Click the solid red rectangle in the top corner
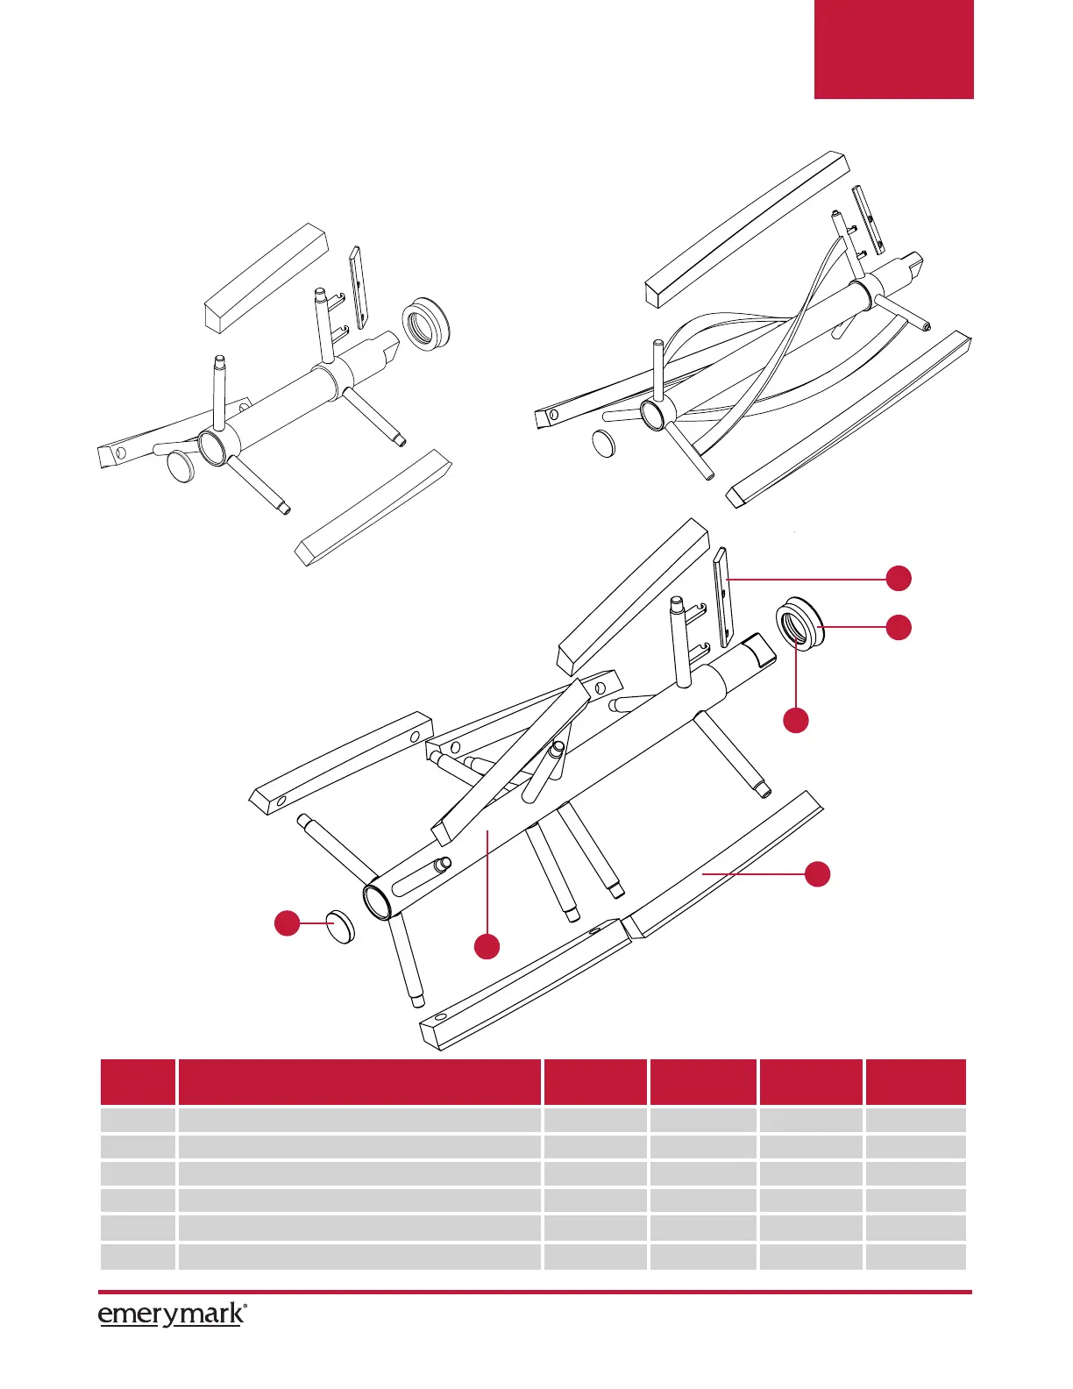(893, 49)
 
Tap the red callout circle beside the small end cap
(287, 923)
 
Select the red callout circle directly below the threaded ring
(795, 720)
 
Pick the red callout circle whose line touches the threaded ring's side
(899, 627)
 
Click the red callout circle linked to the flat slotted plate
(899, 579)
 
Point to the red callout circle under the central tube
(487, 946)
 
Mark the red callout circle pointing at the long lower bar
(817, 873)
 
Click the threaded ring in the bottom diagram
(800, 623)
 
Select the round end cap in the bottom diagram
(341, 926)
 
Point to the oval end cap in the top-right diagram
(603, 445)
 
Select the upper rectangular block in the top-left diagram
(266, 276)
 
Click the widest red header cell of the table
(359, 1082)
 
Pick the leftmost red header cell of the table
(138, 1082)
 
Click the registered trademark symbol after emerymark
(245, 1307)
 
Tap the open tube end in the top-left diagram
(212, 447)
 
